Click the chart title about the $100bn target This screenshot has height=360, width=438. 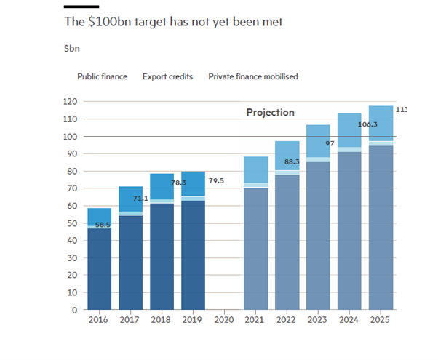point(173,23)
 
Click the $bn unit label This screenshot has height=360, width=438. point(71,49)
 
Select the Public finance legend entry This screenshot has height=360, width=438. point(102,76)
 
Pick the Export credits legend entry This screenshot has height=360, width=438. point(167,76)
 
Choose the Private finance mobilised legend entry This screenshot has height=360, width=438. point(252,76)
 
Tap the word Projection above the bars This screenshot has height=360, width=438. point(270,113)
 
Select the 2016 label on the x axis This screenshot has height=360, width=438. point(98,320)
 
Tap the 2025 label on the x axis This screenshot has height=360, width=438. point(381,320)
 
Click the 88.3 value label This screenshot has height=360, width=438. point(292,161)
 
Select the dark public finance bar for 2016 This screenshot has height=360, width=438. point(98,269)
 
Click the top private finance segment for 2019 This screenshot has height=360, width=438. point(193,183)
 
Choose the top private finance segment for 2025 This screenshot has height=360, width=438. point(381,123)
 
